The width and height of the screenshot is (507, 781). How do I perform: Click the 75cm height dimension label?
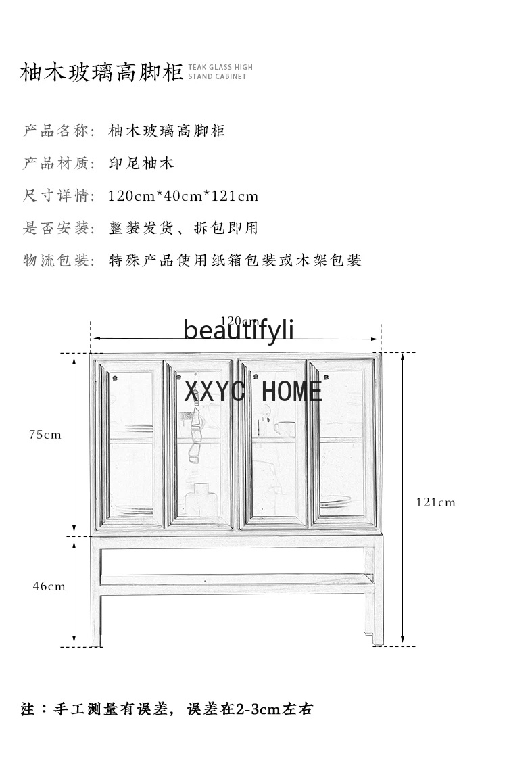45,435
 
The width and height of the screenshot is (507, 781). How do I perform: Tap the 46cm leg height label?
49,586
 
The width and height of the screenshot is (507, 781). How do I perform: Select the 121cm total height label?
436,502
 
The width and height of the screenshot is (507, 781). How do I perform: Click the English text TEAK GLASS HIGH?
220,67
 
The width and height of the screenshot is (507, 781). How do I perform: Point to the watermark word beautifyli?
239,330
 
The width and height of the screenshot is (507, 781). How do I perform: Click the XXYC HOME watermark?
253,391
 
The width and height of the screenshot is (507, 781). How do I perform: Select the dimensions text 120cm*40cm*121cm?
183,196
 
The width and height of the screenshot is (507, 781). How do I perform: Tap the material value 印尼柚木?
141,164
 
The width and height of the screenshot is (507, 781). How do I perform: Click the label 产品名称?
56,131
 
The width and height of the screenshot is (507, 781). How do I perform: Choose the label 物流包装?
56,260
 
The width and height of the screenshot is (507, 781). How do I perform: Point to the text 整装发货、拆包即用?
183,228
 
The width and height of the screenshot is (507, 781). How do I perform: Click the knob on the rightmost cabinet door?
326,376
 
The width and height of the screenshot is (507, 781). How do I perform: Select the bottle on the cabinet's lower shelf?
201,499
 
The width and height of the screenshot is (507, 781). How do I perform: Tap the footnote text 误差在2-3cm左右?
249,709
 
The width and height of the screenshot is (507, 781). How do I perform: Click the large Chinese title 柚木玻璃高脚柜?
101,72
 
